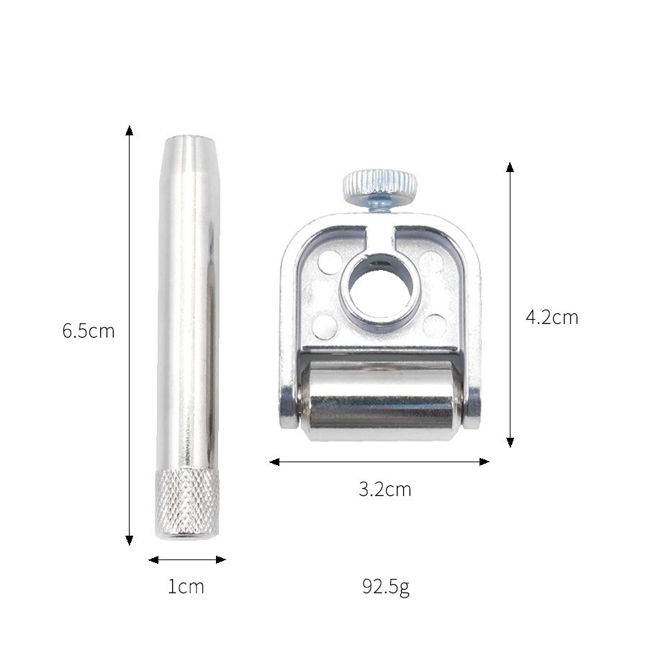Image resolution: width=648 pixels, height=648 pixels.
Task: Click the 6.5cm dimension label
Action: click(x=89, y=331)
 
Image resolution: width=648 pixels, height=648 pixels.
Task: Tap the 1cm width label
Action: click(x=186, y=586)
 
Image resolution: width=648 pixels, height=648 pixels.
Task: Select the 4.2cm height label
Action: click(x=552, y=318)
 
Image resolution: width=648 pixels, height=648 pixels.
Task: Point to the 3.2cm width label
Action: click(x=385, y=490)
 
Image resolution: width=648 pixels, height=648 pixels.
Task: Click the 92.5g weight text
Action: click(x=386, y=586)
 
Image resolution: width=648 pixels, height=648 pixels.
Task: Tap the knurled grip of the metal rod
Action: click(x=186, y=504)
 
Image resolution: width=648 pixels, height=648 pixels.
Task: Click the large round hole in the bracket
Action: click(x=379, y=285)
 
